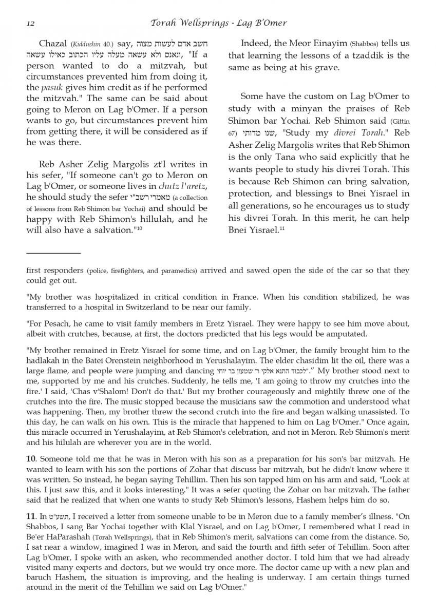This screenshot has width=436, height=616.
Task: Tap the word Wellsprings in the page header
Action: coord(204,23)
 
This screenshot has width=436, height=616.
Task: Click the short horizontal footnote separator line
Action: coord(53,253)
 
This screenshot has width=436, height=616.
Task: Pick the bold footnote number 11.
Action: coord(31,524)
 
